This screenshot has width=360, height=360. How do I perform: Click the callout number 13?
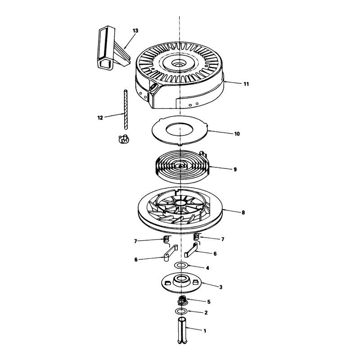pyautogui.click(x=135, y=31)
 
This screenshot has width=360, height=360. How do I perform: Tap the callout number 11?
pyautogui.click(x=246, y=84)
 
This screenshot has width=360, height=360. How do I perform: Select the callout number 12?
pyautogui.click(x=100, y=118)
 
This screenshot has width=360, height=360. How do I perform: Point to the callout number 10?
pyautogui.click(x=237, y=134)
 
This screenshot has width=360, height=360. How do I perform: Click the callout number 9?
pyautogui.click(x=235, y=170)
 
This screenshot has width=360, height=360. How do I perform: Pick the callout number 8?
pyautogui.click(x=243, y=212)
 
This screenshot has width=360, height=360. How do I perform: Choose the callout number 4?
pyautogui.click(x=207, y=268)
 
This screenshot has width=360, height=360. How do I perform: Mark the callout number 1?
pyautogui.click(x=205, y=331)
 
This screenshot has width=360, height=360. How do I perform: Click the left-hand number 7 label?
pyautogui.click(x=135, y=241)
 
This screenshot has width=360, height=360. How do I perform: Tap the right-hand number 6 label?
pyautogui.click(x=215, y=254)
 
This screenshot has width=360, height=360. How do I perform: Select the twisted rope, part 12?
pyautogui.click(x=126, y=110)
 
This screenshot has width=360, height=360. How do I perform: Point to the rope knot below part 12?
pyautogui.click(x=123, y=139)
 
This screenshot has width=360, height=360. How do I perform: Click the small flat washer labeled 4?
pyautogui.click(x=181, y=265)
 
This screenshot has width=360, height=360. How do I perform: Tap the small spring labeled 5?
pyautogui.click(x=183, y=300)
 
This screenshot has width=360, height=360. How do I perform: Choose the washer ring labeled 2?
pyautogui.click(x=181, y=311)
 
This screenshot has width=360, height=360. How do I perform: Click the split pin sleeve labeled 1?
pyautogui.click(x=182, y=330)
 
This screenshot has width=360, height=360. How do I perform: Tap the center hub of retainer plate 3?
pyautogui.click(x=181, y=280)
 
